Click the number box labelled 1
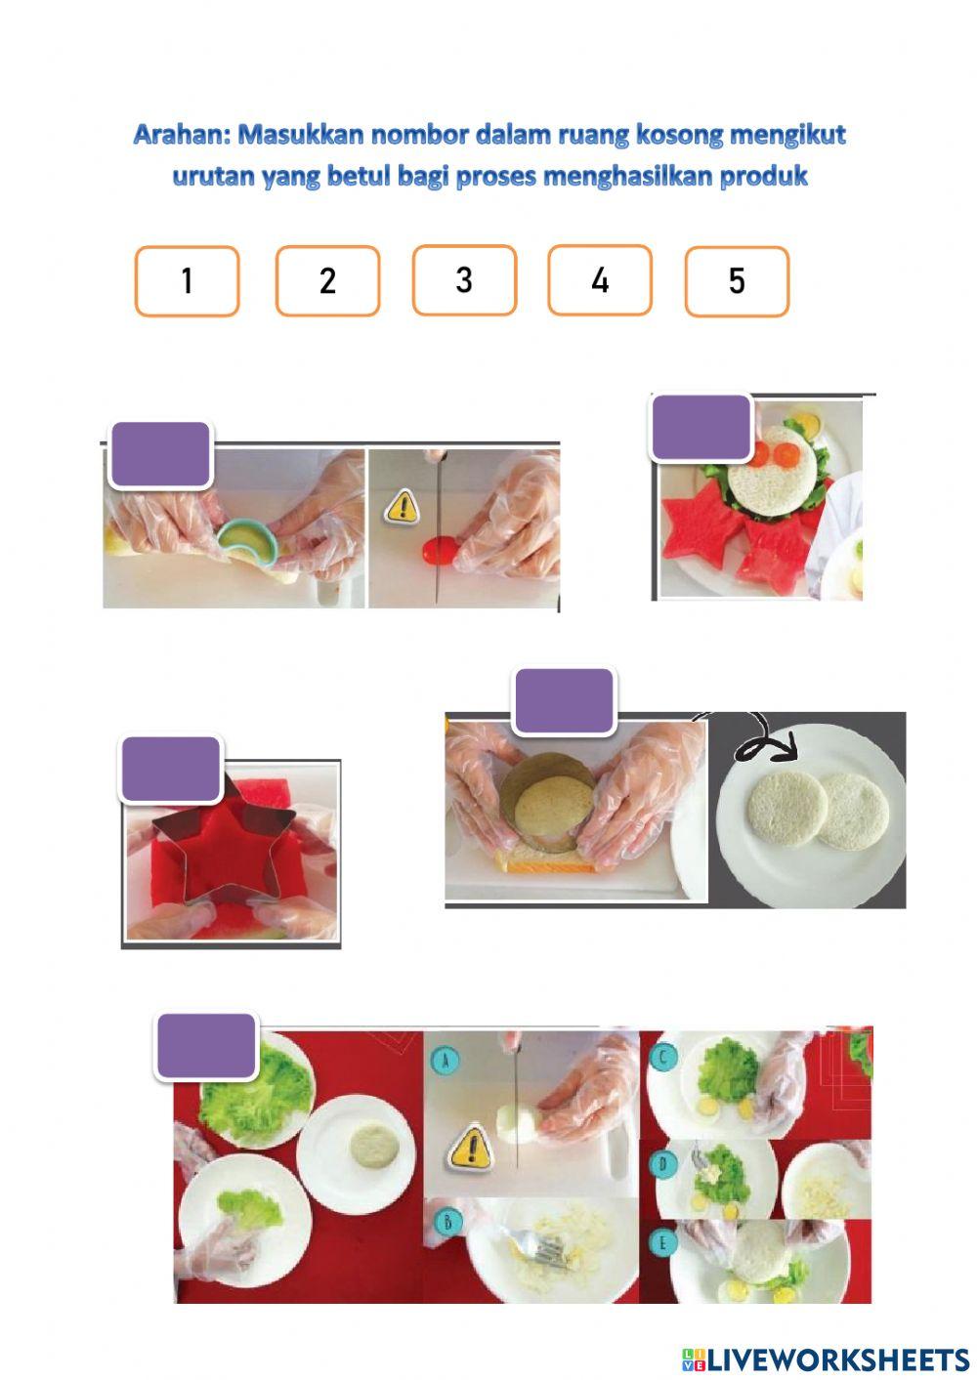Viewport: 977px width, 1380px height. tap(187, 281)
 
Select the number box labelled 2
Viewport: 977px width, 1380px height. tap(327, 281)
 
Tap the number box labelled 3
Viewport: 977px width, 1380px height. tap(464, 279)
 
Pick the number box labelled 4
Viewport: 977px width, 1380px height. tap(600, 279)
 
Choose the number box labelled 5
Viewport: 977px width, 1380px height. tap(737, 281)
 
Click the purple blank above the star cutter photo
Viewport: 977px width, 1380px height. tap(171, 769)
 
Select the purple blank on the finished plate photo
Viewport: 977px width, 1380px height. tap(701, 428)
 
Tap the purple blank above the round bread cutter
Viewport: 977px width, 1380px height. tap(564, 701)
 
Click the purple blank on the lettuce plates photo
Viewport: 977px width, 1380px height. tap(206, 1045)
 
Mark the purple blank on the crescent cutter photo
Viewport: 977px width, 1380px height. tap(160, 454)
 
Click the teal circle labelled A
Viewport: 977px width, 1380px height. tap(446, 1060)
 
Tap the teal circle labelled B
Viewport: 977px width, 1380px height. tap(447, 1221)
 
